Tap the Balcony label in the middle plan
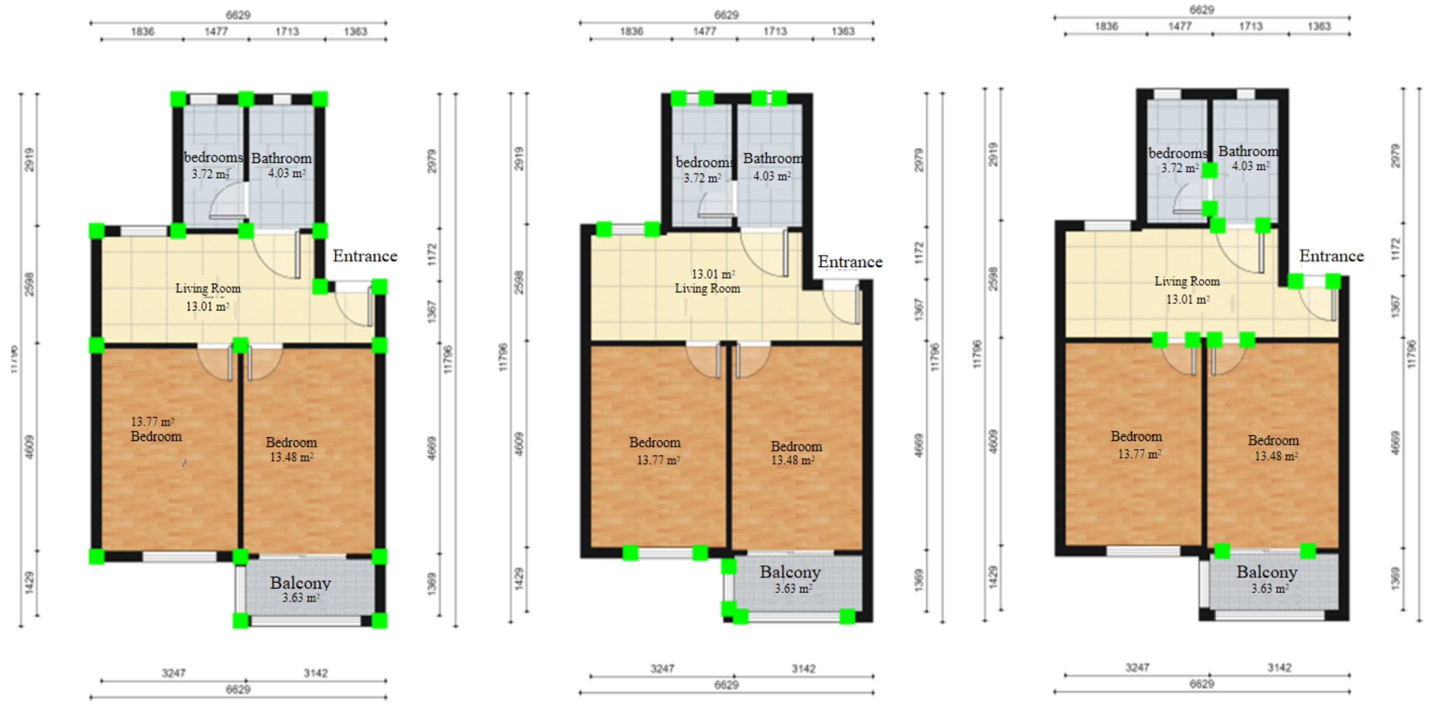790,571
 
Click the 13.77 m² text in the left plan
153,422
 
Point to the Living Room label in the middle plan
707,288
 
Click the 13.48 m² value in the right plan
1276,456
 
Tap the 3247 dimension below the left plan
174,673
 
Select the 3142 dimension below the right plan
1279,667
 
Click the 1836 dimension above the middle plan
631,31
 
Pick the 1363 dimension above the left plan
356,31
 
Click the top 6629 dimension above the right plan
1201,10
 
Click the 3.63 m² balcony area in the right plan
1269,588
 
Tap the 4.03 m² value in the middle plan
771,176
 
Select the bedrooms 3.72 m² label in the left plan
213,165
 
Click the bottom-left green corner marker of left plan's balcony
240,620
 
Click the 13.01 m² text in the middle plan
713,274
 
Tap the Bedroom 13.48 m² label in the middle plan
796,453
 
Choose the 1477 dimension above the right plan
1179,26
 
